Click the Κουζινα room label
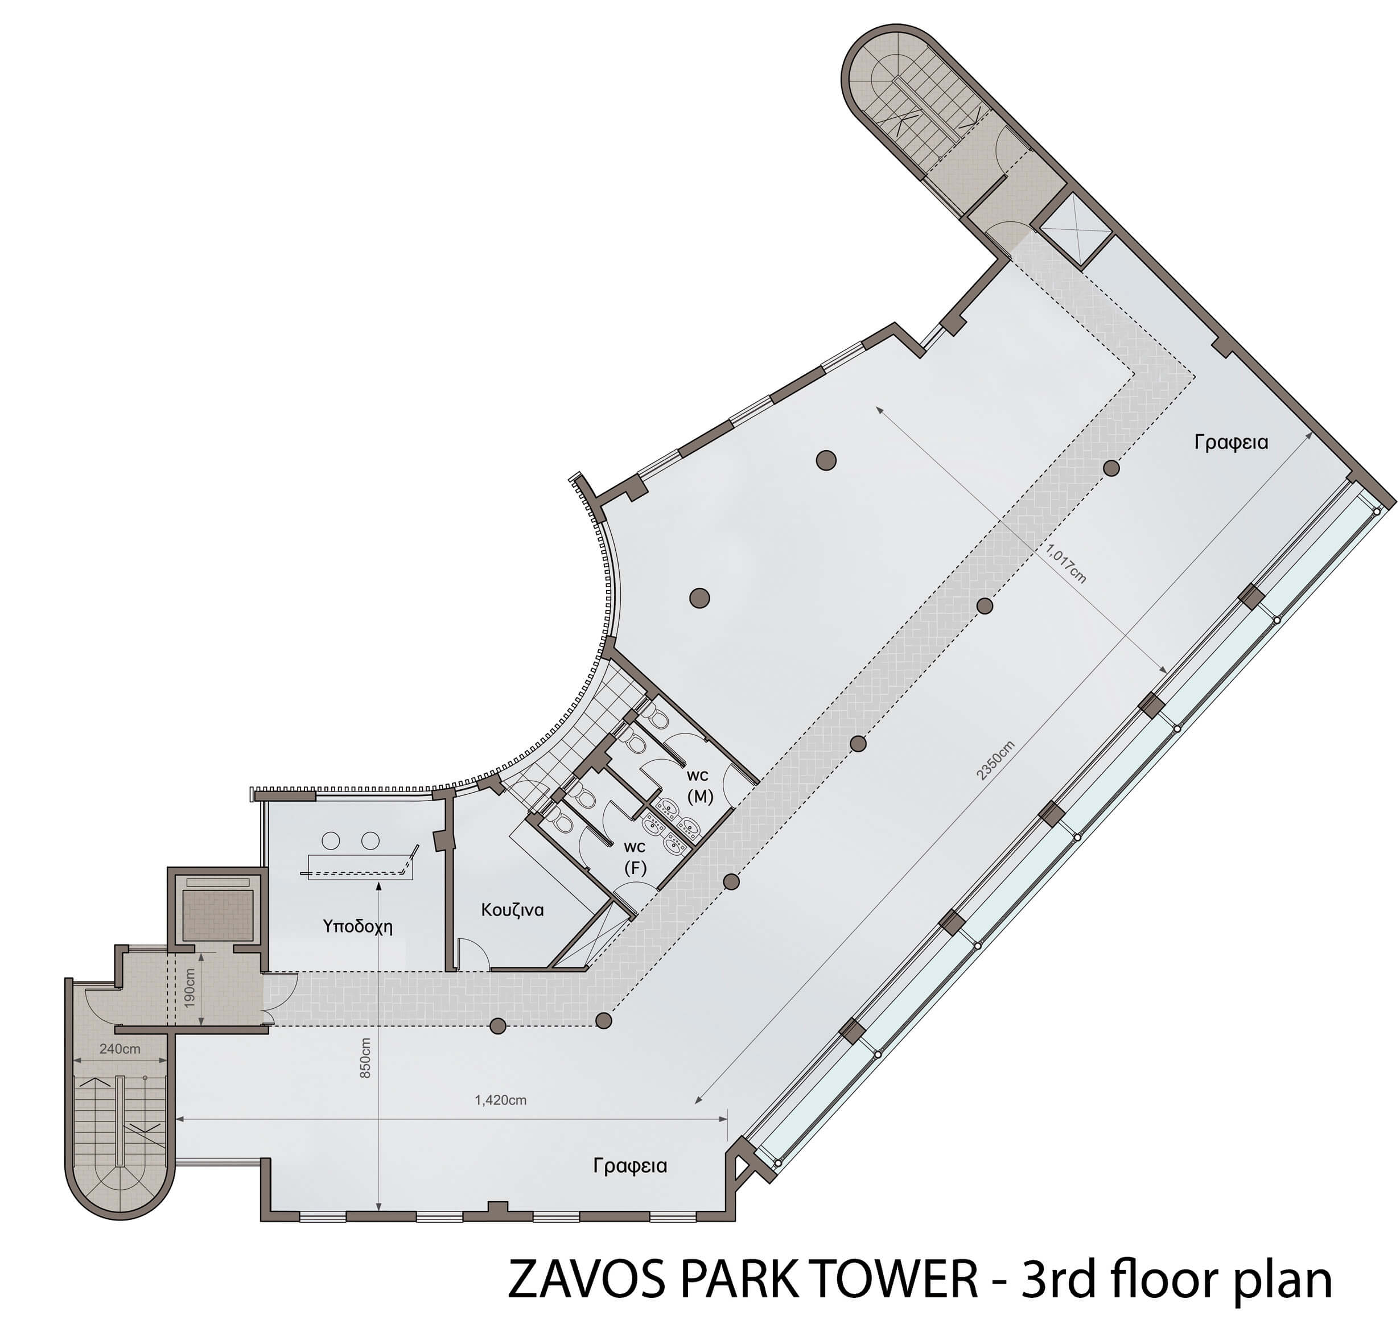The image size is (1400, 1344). (x=512, y=910)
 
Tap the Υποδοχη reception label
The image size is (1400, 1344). (x=357, y=927)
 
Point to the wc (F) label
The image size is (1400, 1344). (x=635, y=857)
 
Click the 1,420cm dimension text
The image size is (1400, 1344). (x=501, y=1100)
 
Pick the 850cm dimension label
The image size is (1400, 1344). (x=365, y=1058)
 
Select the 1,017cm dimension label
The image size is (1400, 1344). (x=1066, y=564)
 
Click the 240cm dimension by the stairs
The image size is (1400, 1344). (x=120, y=1049)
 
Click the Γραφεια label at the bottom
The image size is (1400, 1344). (x=630, y=1166)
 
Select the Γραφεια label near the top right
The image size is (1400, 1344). (x=1232, y=443)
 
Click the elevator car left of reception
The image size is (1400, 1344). (x=219, y=915)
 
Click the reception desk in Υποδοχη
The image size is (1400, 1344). (x=361, y=864)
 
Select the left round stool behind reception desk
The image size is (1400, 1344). (x=331, y=840)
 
